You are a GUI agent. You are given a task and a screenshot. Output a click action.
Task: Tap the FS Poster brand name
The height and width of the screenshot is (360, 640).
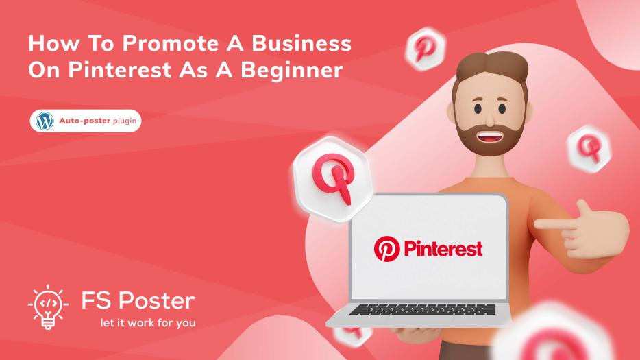(x=138, y=300)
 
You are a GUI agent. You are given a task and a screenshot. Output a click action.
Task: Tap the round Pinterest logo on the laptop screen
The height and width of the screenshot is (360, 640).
(x=386, y=249)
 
